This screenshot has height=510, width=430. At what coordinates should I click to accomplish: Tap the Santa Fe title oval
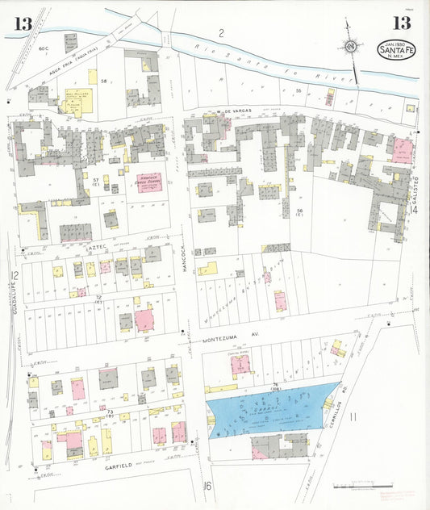click(x=396, y=50)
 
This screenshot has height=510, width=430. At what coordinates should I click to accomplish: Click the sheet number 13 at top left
click(x=22, y=24)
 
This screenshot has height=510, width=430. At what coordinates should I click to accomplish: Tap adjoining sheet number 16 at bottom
click(x=207, y=485)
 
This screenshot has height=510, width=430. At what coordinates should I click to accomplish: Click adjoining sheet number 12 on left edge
click(x=15, y=276)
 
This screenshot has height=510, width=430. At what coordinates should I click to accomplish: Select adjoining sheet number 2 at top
click(x=219, y=33)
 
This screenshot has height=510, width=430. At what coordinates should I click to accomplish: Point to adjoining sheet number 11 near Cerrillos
click(x=353, y=418)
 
